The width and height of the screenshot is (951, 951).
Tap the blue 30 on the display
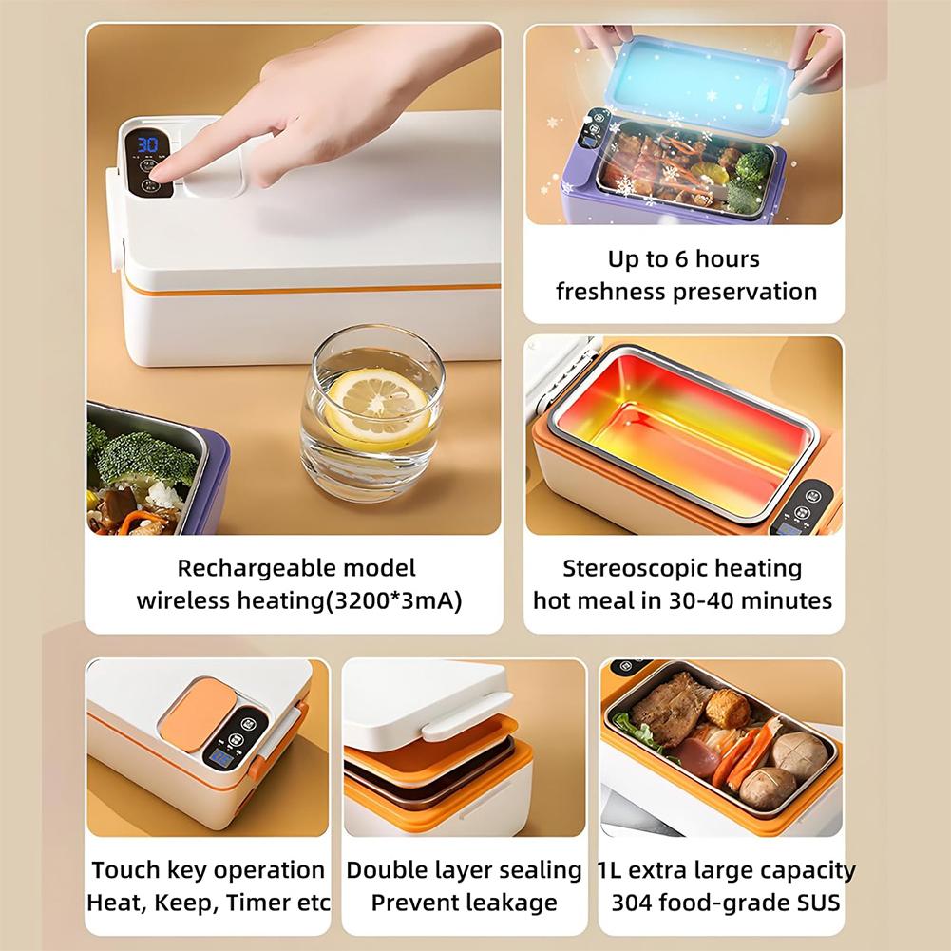[147, 144]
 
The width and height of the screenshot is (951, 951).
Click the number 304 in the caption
[631, 901]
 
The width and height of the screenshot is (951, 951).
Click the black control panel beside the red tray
[808, 505]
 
